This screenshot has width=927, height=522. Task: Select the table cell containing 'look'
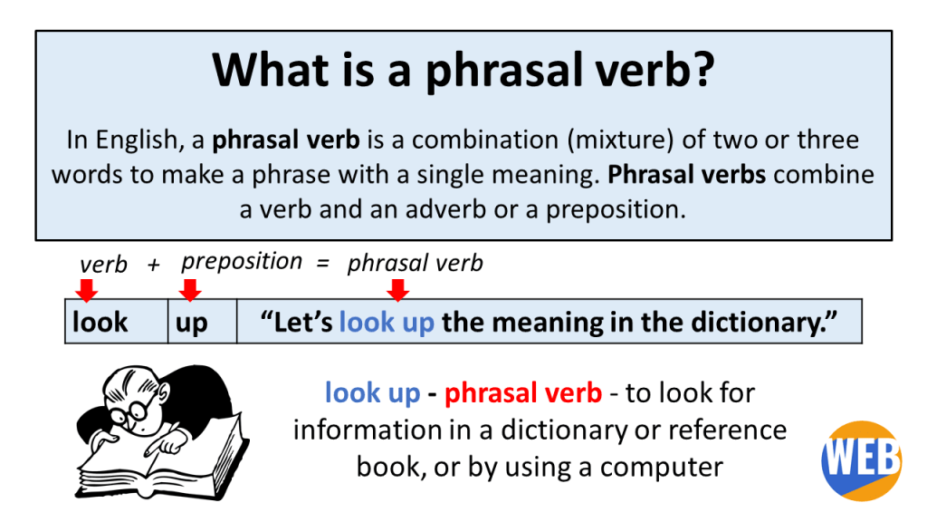(116, 322)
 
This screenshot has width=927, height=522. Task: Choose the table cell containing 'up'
(202, 322)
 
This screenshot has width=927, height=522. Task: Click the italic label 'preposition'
(242, 262)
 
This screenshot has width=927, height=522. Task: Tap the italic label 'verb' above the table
(103, 264)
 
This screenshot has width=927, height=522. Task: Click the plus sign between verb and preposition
(154, 265)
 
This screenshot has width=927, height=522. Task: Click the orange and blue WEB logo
(861, 460)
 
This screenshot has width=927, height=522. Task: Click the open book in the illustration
(163, 462)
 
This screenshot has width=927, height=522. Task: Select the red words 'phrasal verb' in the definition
(523, 392)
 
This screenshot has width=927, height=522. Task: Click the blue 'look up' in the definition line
(372, 392)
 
